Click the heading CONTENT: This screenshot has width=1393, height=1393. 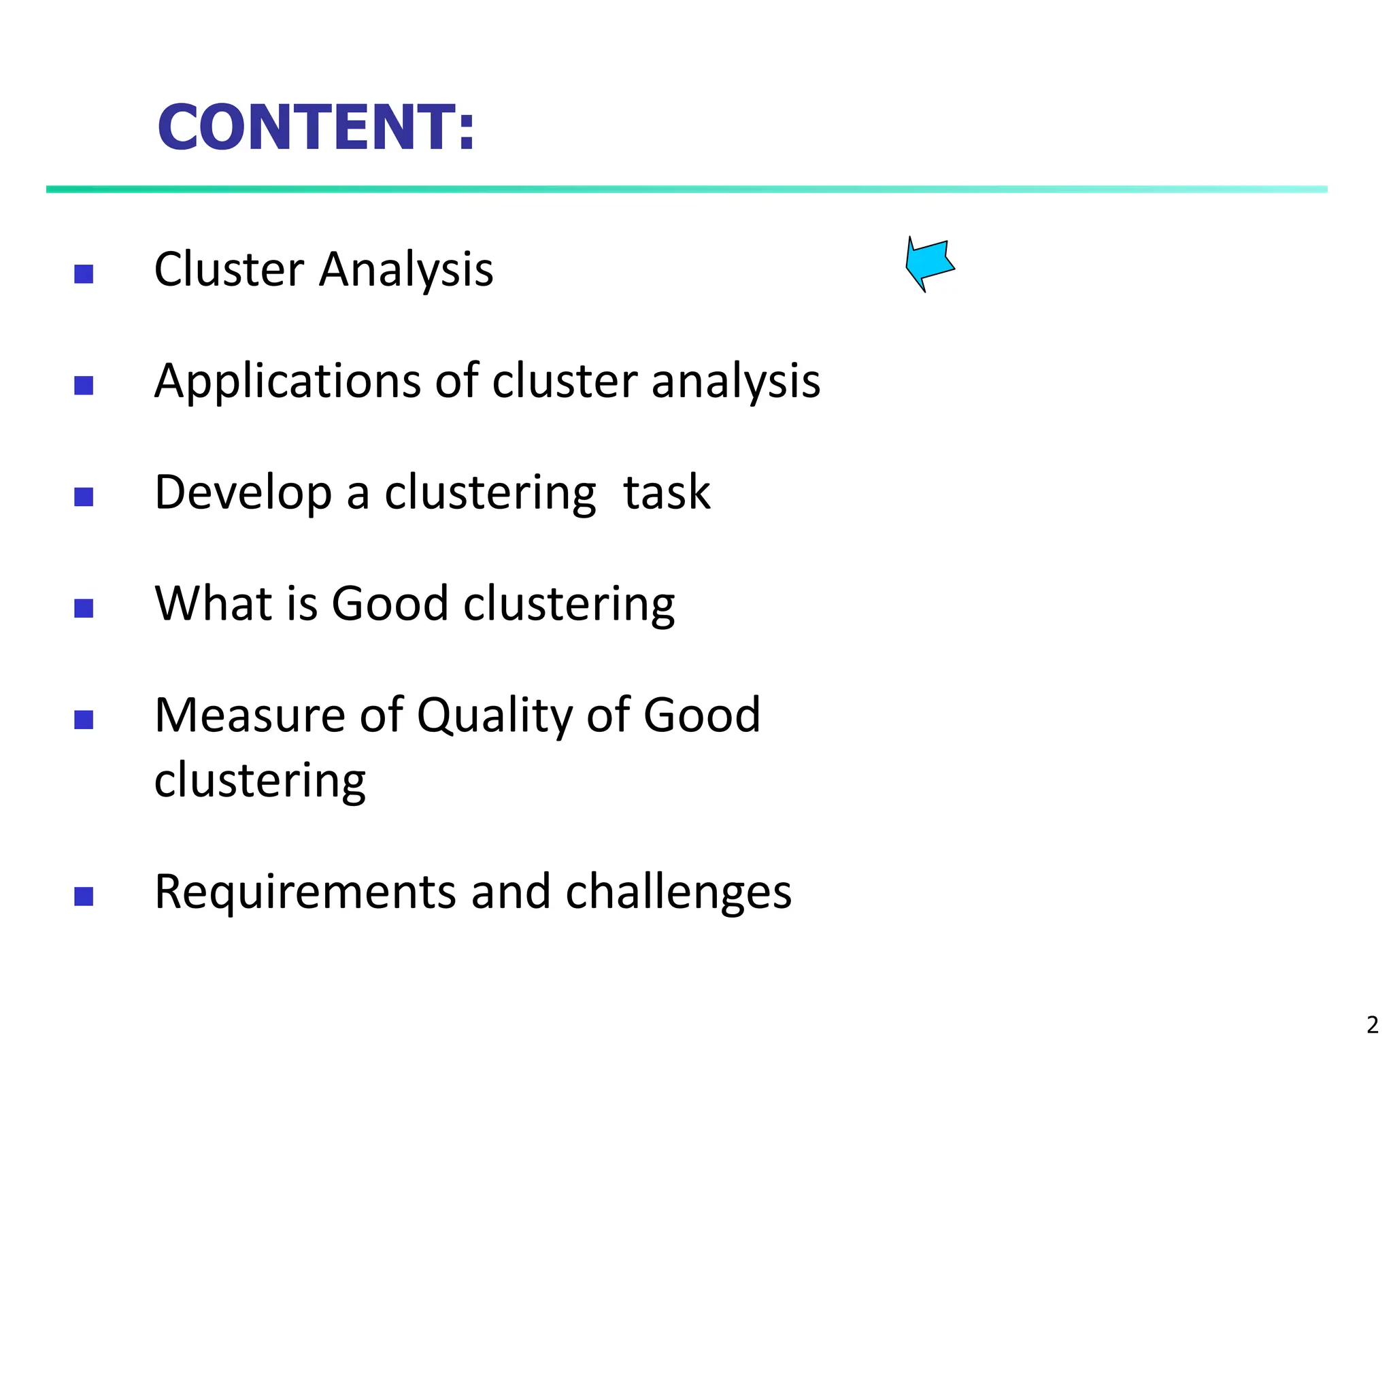coord(316,128)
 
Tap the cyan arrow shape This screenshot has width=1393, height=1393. coord(929,263)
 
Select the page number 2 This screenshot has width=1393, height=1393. coord(1372,1024)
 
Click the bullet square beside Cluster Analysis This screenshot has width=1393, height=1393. coord(84,274)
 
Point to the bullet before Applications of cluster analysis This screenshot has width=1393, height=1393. coord(84,386)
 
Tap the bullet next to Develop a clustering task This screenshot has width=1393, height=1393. coord(84,497)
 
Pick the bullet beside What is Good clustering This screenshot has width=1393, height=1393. coord(84,609)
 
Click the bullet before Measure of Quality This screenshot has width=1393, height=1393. coord(84,720)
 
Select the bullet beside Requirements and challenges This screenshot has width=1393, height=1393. coord(84,896)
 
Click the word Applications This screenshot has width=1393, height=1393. coord(287,382)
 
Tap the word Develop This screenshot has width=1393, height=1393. coord(243,492)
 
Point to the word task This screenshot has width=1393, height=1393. coord(667,492)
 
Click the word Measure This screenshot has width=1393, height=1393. coord(250,716)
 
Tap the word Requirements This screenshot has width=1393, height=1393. coord(305,892)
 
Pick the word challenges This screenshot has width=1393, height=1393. coord(677,892)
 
